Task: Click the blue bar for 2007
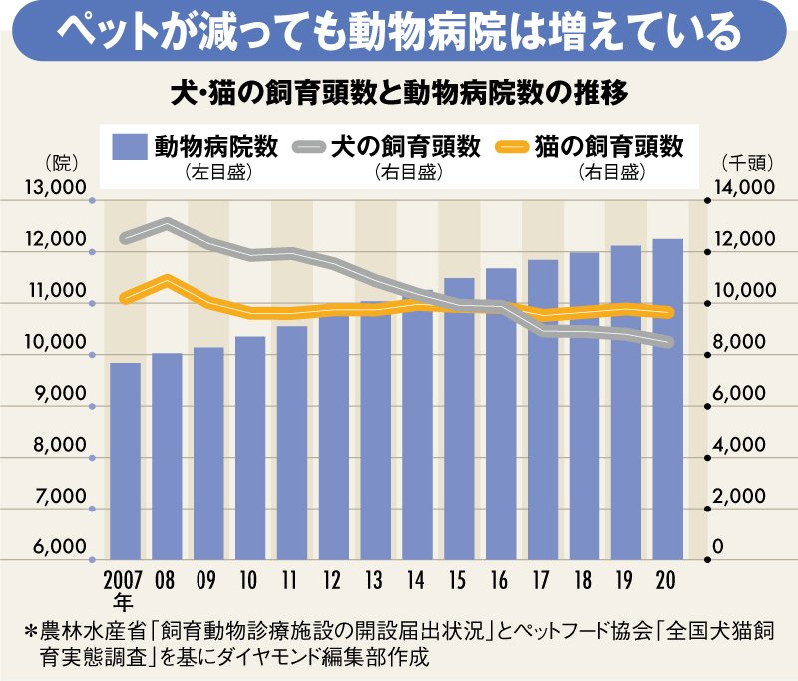pyautogui.click(x=125, y=461)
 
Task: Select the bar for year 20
pyautogui.click(x=668, y=399)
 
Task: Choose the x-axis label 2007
pyautogui.click(x=125, y=579)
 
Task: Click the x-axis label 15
pyautogui.click(x=459, y=579)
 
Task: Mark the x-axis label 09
pyautogui.click(x=208, y=579)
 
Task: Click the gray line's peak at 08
pyautogui.click(x=167, y=223)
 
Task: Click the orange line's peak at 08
pyautogui.click(x=167, y=280)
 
